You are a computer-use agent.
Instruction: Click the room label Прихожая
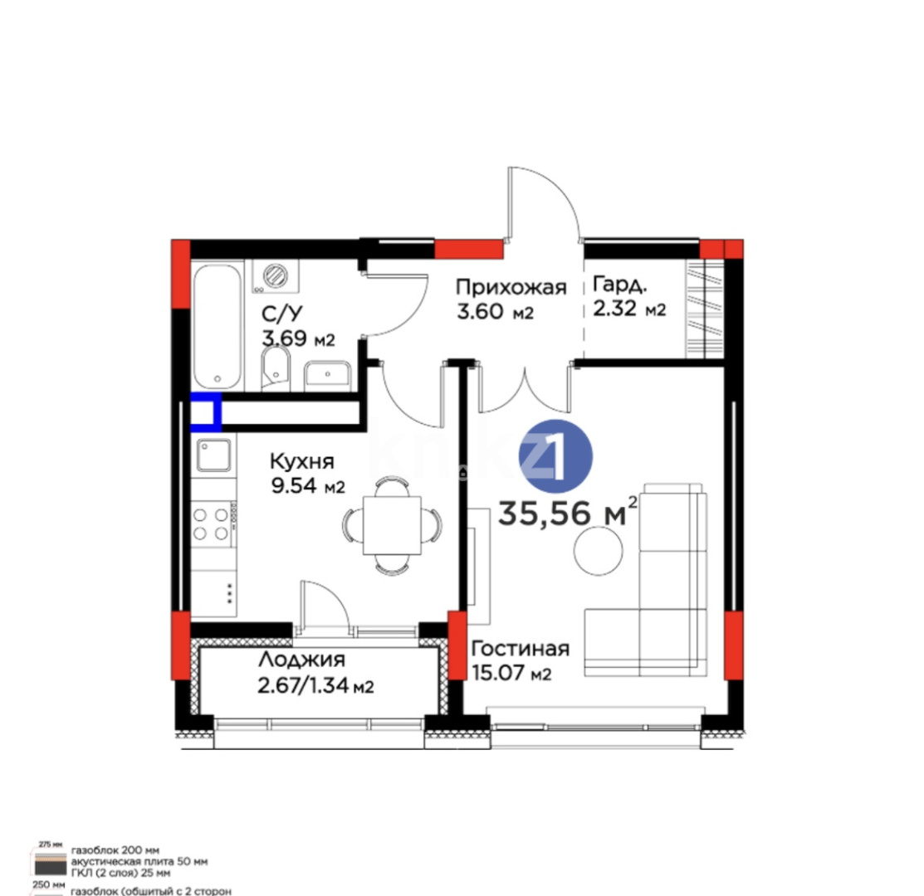coord(511,288)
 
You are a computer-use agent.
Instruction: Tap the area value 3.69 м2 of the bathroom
coord(298,338)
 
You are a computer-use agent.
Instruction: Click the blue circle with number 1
coord(555,458)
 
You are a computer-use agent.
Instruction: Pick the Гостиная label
coord(520,649)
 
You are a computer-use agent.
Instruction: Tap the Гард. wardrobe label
coord(619,286)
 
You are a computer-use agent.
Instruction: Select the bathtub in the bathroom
coord(218,325)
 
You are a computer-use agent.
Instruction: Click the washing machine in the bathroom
coord(273,276)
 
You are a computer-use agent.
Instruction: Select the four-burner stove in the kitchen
coord(212,524)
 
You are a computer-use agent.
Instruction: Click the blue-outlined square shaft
coord(206,412)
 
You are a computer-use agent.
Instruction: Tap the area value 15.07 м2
coord(511,673)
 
